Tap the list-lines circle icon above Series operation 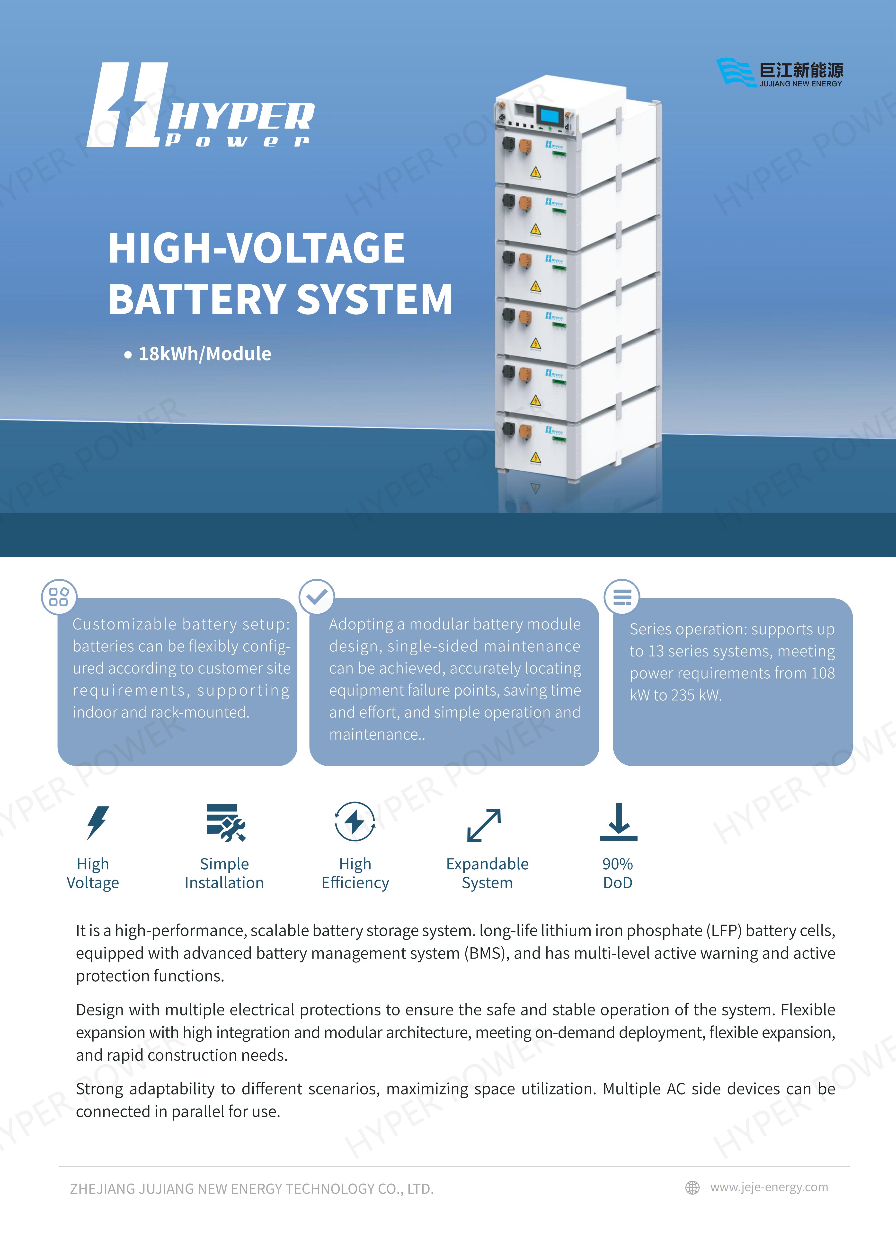click(621, 596)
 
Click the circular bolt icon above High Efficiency click(355, 822)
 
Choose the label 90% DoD click(618, 873)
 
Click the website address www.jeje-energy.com click(769, 1187)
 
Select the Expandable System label click(487, 873)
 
